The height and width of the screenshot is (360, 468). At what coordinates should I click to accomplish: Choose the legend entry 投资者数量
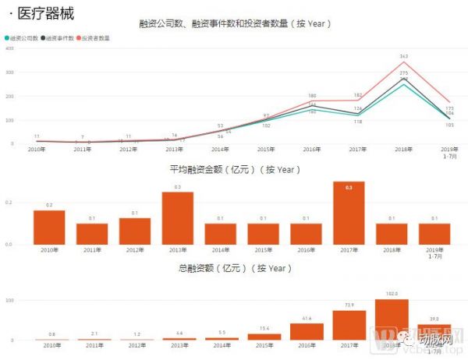tap(95, 37)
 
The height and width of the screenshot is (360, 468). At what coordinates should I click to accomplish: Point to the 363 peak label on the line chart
tap(404, 56)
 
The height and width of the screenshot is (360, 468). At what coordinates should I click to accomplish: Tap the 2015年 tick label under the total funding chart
tap(265, 345)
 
